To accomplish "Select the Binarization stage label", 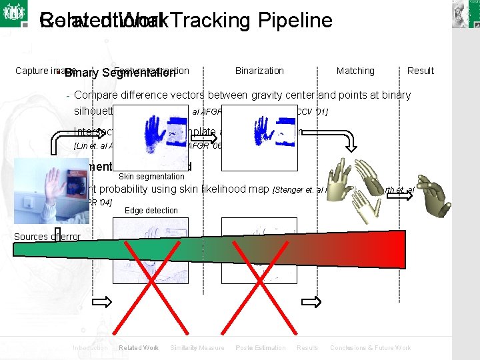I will (259, 71).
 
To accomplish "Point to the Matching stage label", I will (355, 71).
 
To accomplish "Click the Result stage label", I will (421, 71).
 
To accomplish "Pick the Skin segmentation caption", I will (151, 177).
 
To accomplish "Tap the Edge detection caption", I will (151, 211).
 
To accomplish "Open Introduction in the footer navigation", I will (90, 348).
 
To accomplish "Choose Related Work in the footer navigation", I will (139, 348).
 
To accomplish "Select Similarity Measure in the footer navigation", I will (197, 348).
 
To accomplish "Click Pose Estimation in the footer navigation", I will (261, 348).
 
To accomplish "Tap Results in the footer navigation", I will (307, 348).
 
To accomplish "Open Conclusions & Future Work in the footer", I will (371, 348).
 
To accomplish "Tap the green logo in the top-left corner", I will (13, 13).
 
